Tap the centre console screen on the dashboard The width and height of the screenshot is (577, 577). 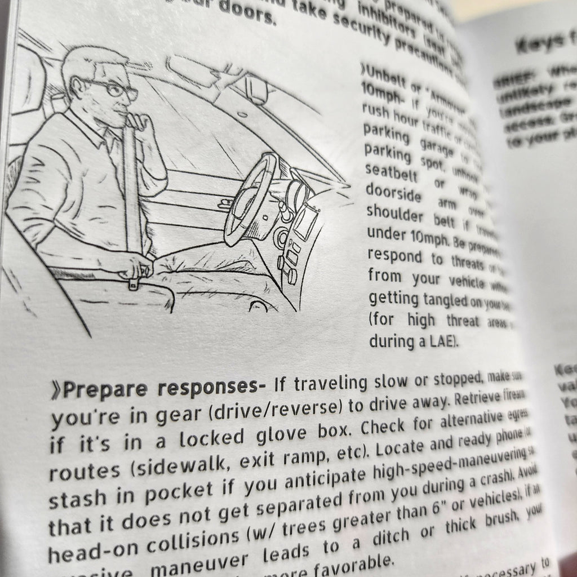click(x=304, y=223)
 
